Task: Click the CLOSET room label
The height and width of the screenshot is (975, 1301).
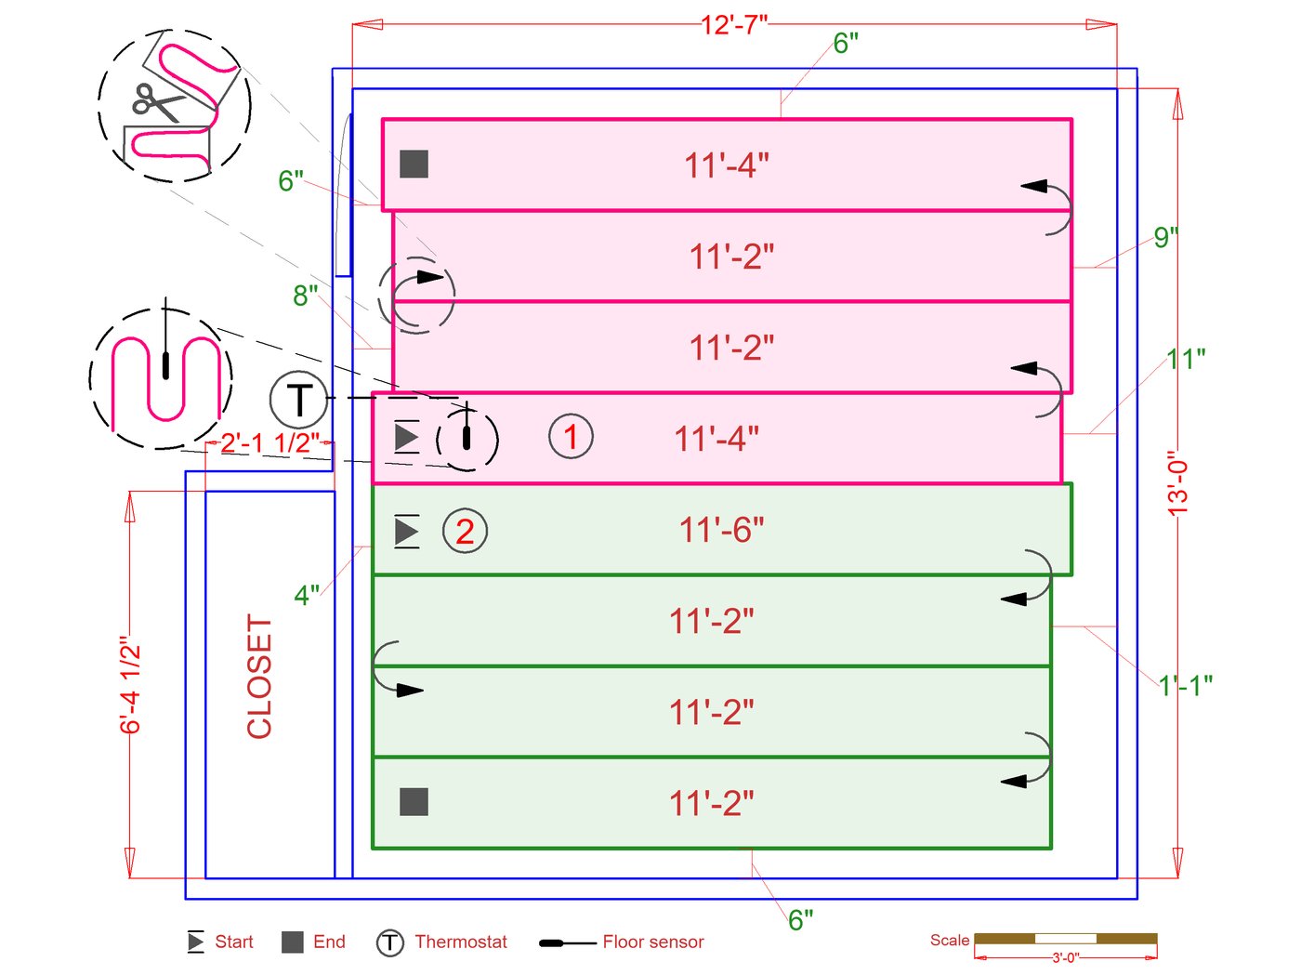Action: click(x=259, y=676)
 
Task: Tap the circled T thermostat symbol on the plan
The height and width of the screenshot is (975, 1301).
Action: click(x=298, y=400)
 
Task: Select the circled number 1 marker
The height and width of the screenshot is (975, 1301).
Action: click(x=571, y=436)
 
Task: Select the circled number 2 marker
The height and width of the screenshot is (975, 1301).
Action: click(x=465, y=531)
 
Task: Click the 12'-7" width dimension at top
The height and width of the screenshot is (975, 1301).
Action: click(x=734, y=25)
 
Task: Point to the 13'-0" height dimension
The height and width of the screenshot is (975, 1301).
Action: click(x=1178, y=483)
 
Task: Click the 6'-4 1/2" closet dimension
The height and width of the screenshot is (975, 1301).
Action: click(x=131, y=685)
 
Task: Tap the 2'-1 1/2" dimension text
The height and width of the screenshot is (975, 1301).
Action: click(x=269, y=443)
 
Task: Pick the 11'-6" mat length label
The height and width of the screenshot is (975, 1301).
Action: click(x=721, y=530)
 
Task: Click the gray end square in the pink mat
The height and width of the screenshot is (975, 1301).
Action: click(x=414, y=164)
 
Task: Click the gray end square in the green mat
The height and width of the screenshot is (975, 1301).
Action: click(x=414, y=801)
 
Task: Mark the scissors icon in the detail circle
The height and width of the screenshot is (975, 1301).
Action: click(x=155, y=102)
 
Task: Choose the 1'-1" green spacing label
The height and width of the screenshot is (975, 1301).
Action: click(x=1185, y=686)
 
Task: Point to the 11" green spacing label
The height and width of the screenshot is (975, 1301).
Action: click(x=1186, y=358)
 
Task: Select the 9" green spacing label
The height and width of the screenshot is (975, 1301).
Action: click(x=1165, y=237)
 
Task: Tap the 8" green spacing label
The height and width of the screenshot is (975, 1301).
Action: click(x=305, y=296)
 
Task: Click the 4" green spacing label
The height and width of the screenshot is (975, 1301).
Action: click(x=307, y=595)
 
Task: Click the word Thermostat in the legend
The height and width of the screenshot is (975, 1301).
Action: click(x=461, y=942)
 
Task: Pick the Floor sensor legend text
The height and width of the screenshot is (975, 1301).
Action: click(x=652, y=942)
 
